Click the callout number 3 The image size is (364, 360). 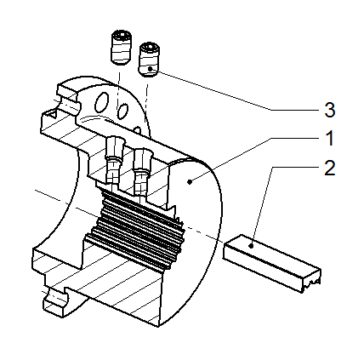(330, 110)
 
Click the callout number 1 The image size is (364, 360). (329, 139)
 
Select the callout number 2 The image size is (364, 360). (330, 168)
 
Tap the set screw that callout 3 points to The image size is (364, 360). (150, 60)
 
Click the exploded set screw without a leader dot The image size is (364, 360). (121, 47)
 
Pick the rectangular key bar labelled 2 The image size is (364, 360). (272, 263)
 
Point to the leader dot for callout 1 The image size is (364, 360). (191, 181)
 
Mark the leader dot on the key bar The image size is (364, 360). (251, 246)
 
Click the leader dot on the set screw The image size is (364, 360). (150, 69)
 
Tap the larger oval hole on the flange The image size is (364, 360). (101, 102)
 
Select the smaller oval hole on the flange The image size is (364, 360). (122, 111)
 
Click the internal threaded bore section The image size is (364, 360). (136, 227)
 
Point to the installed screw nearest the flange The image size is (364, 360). (113, 160)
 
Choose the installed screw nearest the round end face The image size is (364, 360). (142, 173)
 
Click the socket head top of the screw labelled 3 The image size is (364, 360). (150, 47)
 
